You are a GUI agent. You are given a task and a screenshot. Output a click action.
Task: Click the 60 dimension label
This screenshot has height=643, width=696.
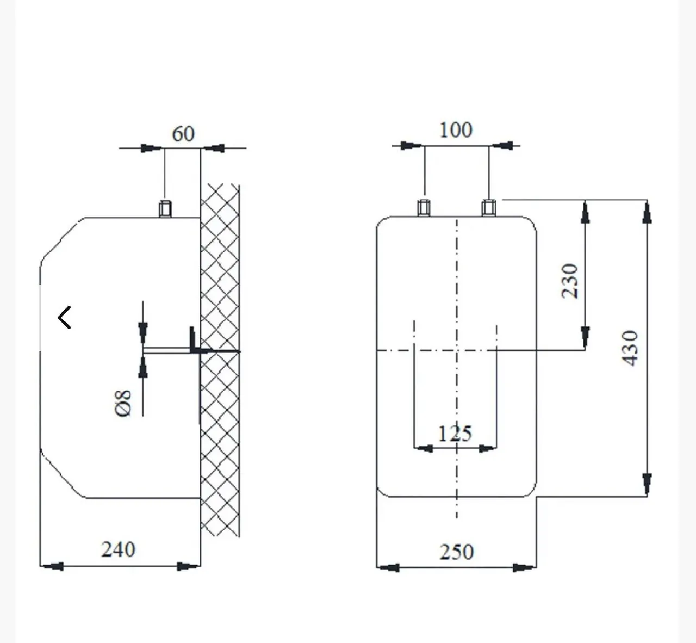point(183,134)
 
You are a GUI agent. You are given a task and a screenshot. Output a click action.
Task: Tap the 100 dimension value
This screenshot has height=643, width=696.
point(456,130)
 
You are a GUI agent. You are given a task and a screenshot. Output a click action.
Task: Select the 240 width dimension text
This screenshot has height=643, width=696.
point(118,549)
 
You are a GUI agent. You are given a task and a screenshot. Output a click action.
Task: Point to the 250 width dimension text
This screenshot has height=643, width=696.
point(456,552)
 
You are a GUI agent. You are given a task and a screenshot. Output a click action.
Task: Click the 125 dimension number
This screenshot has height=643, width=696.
point(455,434)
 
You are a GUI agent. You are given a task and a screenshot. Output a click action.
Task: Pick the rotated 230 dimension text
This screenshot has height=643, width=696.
point(569,281)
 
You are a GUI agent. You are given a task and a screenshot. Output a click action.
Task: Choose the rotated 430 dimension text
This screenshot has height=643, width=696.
point(630,348)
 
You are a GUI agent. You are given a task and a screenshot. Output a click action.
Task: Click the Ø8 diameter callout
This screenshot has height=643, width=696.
point(123,404)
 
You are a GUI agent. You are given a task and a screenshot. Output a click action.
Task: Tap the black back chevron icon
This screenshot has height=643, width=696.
point(65,318)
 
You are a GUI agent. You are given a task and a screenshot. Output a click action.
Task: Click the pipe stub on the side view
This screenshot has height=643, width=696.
point(165,209)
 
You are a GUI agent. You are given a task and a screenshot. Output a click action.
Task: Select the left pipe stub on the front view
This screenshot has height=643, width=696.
point(424,208)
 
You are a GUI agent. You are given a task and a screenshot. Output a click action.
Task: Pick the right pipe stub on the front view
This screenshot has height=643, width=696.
point(488,208)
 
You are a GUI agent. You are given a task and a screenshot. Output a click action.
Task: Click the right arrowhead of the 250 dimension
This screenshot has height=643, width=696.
point(524,567)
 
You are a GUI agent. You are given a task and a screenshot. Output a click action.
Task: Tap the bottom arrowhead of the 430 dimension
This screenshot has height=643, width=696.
point(647,485)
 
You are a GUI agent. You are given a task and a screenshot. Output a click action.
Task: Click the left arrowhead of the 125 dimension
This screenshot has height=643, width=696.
point(423,448)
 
